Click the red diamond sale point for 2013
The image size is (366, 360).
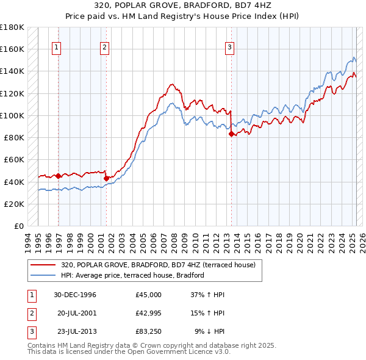tap(231, 134)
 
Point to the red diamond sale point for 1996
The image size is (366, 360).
tap(59, 176)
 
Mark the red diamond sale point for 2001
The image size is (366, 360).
tap(106, 178)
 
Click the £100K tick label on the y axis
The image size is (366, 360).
tap(12, 115)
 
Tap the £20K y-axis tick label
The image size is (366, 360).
tap(14, 204)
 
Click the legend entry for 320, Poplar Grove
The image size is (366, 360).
tap(161, 265)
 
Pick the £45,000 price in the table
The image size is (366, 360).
tap(149, 295)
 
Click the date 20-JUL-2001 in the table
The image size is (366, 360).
tap(76, 313)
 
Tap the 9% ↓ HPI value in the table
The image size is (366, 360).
tap(209, 331)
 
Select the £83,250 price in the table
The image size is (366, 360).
tap(149, 331)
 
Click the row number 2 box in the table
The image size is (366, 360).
tap(31, 313)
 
